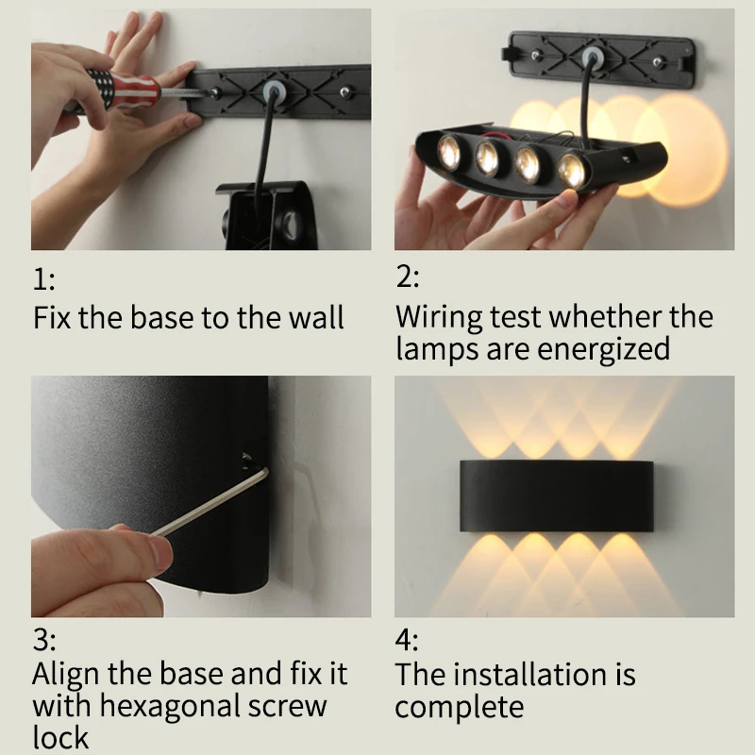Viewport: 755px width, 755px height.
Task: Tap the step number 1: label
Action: pos(43,279)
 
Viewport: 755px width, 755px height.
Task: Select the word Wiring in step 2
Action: pos(439,318)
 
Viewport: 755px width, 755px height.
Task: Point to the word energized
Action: pos(603,349)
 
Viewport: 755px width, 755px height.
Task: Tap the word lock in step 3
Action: pos(60,737)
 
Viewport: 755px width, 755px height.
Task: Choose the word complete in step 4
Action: pos(460,707)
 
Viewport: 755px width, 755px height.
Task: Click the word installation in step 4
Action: pos(530,674)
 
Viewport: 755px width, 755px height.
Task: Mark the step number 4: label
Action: pos(407,641)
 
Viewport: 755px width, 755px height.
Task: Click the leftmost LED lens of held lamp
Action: pos(449,150)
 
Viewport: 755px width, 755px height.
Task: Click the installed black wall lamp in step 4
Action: pos(557,496)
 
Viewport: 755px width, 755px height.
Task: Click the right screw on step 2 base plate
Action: pos(657,62)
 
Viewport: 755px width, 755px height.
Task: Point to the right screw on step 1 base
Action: pos(344,91)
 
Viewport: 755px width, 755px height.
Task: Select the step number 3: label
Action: pos(44,641)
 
